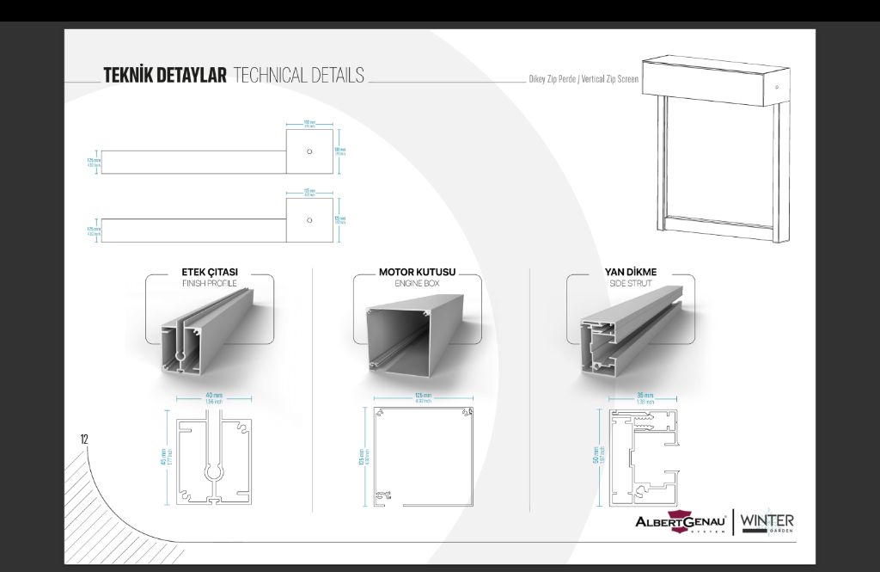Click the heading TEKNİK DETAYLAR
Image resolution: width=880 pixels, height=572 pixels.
click(165, 76)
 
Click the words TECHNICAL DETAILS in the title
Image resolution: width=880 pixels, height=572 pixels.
click(298, 76)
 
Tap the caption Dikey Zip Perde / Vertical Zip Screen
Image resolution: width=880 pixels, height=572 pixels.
click(584, 78)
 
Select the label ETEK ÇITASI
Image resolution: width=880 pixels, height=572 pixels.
click(210, 272)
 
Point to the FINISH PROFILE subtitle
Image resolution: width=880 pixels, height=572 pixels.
click(210, 283)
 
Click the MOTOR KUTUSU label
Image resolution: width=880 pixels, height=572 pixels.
click(418, 272)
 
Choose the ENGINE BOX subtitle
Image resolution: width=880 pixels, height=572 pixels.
click(418, 283)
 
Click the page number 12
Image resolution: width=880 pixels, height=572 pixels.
click(84, 439)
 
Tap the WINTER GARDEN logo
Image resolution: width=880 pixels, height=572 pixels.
click(767, 522)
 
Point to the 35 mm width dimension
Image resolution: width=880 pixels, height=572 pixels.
click(645, 397)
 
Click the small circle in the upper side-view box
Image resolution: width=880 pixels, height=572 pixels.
click(309, 151)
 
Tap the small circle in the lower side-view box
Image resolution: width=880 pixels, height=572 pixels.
click(309, 220)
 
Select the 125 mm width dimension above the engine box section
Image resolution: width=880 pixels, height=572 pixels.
click(423, 397)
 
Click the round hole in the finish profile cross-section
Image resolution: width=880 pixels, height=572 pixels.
click(212, 473)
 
